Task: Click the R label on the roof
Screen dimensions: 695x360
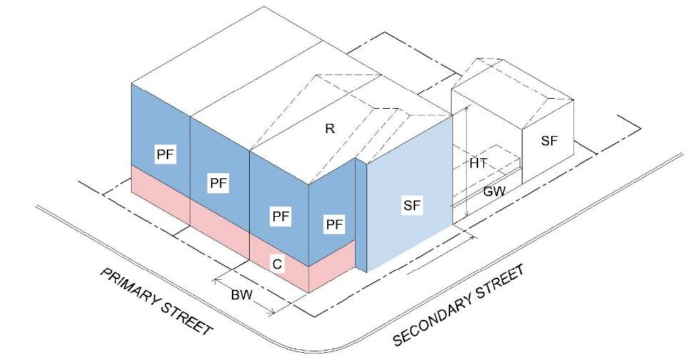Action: (330, 129)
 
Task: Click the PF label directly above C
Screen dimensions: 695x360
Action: (281, 215)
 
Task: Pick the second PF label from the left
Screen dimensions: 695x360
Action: (218, 183)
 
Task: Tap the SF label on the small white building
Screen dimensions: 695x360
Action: (549, 141)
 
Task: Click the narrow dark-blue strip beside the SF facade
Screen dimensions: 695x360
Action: (361, 215)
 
